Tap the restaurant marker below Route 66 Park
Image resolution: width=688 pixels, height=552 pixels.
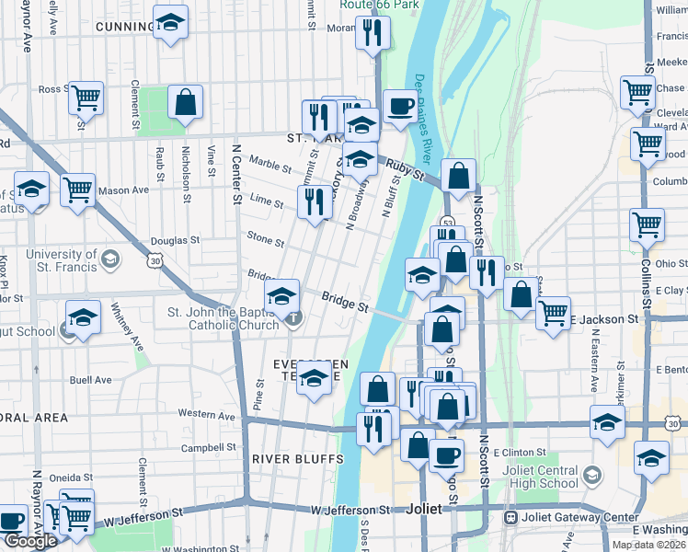pyautogui.click(x=373, y=34)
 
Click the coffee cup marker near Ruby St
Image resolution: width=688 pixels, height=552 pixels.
pyautogui.click(x=398, y=107)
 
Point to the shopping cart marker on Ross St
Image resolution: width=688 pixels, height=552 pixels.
pyautogui.click(x=86, y=96)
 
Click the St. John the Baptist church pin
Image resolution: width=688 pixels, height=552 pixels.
pyautogui.click(x=293, y=319)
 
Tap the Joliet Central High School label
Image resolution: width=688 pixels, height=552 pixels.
pyautogui.click(x=533, y=477)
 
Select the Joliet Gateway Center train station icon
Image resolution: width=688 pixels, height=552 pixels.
pyautogui.click(x=510, y=517)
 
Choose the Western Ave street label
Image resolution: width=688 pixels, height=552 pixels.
pyautogui.click(x=208, y=415)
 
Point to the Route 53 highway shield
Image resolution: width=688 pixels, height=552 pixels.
pyautogui.click(x=448, y=223)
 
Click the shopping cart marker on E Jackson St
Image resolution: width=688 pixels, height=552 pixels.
pyautogui.click(x=553, y=313)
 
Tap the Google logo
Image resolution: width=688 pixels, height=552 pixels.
pyautogui.click(x=29, y=542)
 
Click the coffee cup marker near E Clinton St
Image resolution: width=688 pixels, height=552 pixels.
pyautogui.click(x=447, y=454)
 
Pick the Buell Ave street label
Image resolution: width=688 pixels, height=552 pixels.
pyautogui.click(x=90, y=379)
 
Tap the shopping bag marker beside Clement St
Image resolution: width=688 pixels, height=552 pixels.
pyautogui.click(x=186, y=103)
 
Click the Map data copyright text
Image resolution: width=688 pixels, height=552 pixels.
pyautogui.click(x=648, y=545)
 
